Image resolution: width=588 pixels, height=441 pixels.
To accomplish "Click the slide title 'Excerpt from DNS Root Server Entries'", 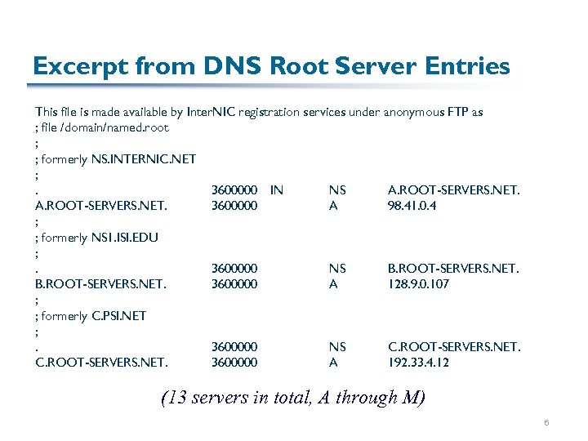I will pyautogui.click(x=270, y=66).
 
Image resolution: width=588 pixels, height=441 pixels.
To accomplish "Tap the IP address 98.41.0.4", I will pyautogui.click(x=412, y=206).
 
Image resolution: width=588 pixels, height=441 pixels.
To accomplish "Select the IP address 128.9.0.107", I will pyautogui.click(x=418, y=284).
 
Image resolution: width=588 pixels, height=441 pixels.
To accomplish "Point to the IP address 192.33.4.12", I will pyautogui.click(x=418, y=362).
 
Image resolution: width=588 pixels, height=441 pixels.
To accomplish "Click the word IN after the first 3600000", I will pyautogui.click(x=277, y=190).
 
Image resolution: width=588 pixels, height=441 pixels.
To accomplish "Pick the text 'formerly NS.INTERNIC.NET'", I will pyautogui.click(x=118, y=159).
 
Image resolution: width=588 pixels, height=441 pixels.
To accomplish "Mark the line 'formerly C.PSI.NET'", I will pyautogui.click(x=93, y=316).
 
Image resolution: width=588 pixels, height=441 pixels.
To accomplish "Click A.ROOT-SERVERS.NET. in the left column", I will pyautogui.click(x=101, y=206).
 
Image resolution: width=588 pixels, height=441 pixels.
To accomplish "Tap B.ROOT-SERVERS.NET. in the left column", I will pyautogui.click(x=101, y=284).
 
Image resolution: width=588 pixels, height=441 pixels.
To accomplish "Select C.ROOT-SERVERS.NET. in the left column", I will pyautogui.click(x=101, y=362).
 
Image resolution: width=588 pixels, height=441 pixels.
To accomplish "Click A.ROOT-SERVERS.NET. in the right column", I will pyautogui.click(x=453, y=190).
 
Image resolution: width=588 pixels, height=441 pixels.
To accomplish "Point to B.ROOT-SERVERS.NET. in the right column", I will pyautogui.click(x=453, y=269).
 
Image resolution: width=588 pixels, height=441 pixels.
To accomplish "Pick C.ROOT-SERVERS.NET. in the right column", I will pyautogui.click(x=453, y=347).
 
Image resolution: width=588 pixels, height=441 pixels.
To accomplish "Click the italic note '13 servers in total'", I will pyautogui.click(x=293, y=399).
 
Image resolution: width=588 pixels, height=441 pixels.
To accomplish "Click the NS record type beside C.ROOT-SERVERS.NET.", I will pyautogui.click(x=337, y=347).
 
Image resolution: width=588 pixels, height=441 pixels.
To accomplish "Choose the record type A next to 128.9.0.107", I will pyautogui.click(x=333, y=284).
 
